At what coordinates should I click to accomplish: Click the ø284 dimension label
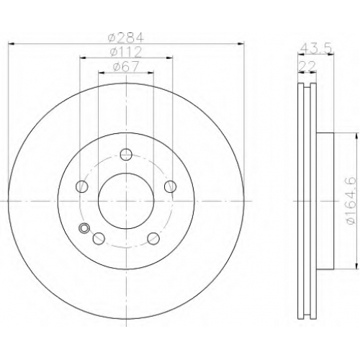pos(126,37)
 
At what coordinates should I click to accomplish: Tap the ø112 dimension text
pos(126,52)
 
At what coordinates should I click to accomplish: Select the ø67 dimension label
pos(126,66)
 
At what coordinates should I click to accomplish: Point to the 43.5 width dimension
pos(316,49)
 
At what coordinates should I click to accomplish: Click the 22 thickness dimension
pos(307,66)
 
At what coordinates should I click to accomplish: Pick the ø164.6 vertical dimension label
pos(352,201)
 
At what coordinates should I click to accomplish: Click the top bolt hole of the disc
pos(126,154)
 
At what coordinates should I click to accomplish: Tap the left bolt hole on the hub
pos(82,186)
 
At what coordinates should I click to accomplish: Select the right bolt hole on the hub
pos(171,186)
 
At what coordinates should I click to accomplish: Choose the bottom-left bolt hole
pos(99,238)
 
